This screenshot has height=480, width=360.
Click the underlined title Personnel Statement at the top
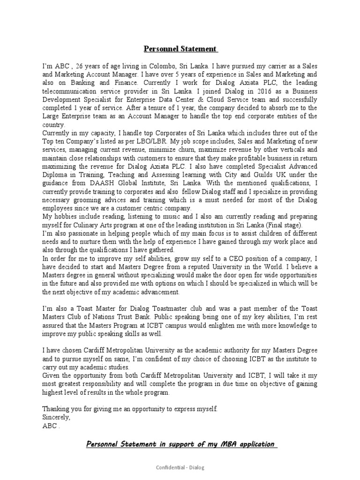pyautogui.click(x=180, y=49)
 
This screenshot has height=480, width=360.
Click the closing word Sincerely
pyautogui.click(x=56, y=417)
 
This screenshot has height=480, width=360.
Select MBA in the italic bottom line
pyautogui.click(x=217, y=444)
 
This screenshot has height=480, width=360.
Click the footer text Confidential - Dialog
pyautogui.click(x=180, y=467)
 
